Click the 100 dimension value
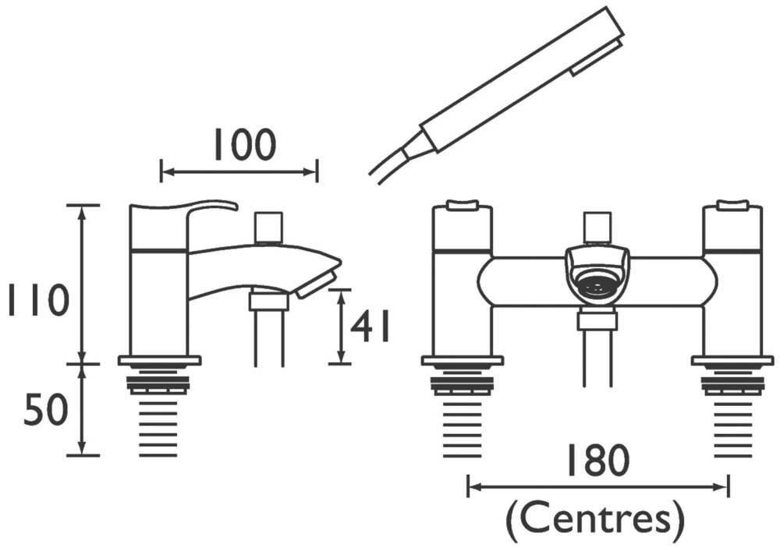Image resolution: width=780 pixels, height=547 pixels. [243, 144]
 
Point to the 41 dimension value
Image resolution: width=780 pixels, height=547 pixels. [369, 327]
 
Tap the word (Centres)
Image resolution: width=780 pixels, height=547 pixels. [596, 516]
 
